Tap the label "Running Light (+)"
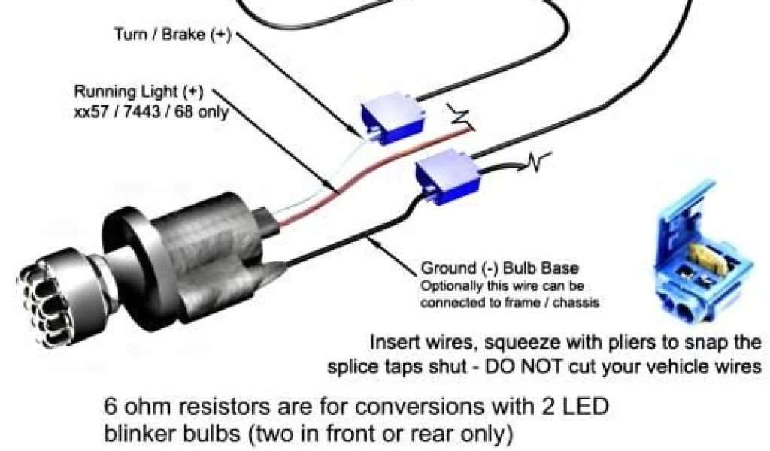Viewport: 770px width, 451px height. coord(138,92)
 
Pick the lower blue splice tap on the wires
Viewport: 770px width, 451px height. coord(447,177)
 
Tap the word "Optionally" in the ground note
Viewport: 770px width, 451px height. coord(451,286)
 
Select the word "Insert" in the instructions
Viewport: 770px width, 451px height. coord(395,342)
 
